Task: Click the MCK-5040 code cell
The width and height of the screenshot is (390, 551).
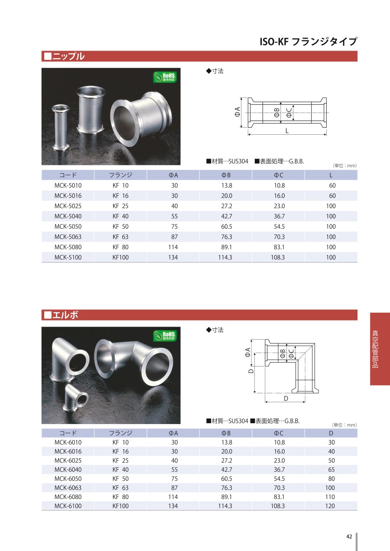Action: [x=68, y=217]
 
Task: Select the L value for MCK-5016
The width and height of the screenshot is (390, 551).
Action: [x=332, y=196]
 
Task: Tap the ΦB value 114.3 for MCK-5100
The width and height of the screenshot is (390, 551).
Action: [x=225, y=258]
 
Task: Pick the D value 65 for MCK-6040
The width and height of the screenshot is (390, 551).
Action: [x=331, y=470]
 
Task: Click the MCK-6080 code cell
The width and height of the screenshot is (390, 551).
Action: [x=68, y=497]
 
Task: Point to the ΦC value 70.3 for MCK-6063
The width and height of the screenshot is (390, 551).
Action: [x=279, y=488]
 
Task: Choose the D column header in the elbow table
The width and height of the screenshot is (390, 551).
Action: [x=331, y=433]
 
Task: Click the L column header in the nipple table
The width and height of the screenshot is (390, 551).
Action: [x=331, y=175]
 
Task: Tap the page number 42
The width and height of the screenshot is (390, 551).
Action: [x=349, y=537]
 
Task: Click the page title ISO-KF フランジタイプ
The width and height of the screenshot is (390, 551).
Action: [x=308, y=42]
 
